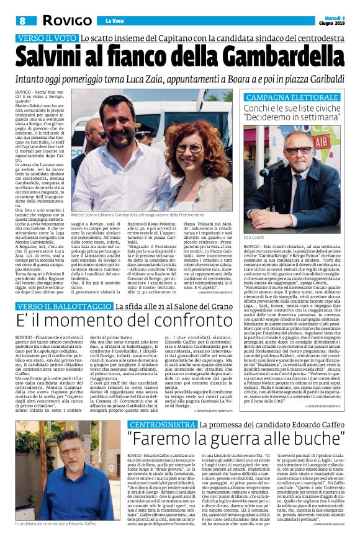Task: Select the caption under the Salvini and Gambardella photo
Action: click(161, 214)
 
